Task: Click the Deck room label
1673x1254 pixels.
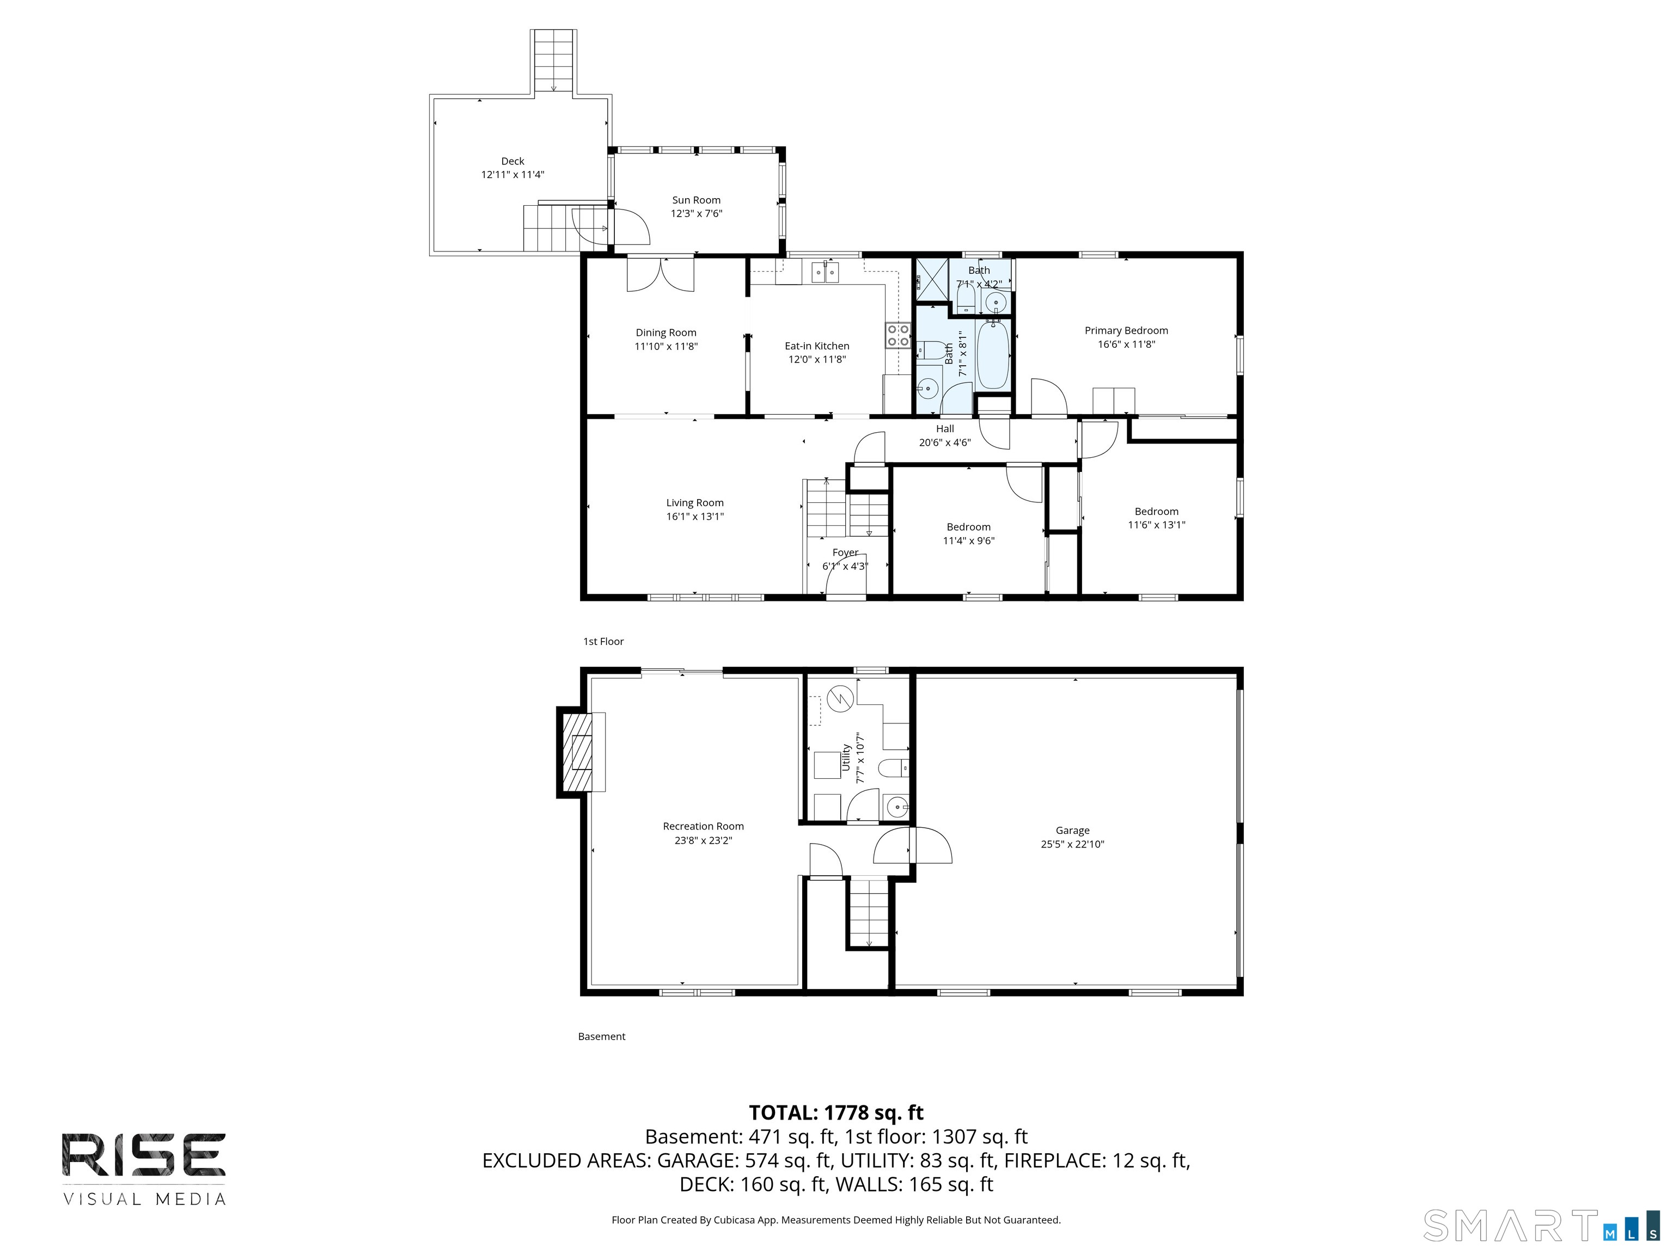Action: [x=513, y=161]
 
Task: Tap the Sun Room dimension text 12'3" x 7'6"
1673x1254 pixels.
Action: [x=697, y=213]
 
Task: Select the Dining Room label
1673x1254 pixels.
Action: [x=665, y=333]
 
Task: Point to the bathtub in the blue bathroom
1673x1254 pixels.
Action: [x=993, y=354]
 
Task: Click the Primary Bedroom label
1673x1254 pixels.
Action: [x=1126, y=330]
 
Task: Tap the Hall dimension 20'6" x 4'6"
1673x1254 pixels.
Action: [x=945, y=442]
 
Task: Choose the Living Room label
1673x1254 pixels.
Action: [x=695, y=503]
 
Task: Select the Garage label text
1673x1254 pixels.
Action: [x=1072, y=830]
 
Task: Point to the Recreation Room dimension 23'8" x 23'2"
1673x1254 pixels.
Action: [x=704, y=840]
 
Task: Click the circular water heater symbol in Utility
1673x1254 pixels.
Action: [x=840, y=699]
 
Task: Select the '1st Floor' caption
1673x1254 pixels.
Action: [x=603, y=641]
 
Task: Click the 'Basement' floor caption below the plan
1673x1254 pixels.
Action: [x=601, y=1036]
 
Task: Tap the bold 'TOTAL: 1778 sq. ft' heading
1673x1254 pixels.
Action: [x=836, y=1112]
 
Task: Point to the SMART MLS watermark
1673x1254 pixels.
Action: [x=1541, y=1225]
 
